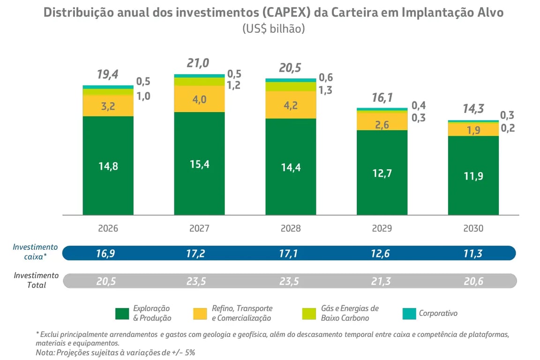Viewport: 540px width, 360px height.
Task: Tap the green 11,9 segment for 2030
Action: pyautogui.click(x=473, y=176)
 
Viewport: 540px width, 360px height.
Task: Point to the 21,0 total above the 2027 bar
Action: pyautogui.click(x=198, y=63)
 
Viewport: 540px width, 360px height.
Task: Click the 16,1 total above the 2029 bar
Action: pyautogui.click(x=382, y=97)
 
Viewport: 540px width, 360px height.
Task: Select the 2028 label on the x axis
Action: pyautogui.click(x=291, y=229)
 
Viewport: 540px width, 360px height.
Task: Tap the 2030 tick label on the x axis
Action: pyautogui.click(x=473, y=229)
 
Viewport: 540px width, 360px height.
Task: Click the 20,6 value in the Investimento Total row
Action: pyautogui.click(x=473, y=281)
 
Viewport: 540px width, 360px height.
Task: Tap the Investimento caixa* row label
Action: pyautogui.click(x=35, y=252)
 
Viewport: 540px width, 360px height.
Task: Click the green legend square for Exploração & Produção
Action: pyautogui.click(x=122, y=314)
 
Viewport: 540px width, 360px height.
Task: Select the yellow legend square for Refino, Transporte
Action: pyautogui.click(x=200, y=314)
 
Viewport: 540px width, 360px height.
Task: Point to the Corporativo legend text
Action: pyautogui.click(x=438, y=313)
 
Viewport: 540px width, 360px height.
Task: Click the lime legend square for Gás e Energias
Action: pyautogui.click(x=309, y=314)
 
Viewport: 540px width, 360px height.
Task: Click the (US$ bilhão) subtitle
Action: pyautogui.click(x=274, y=29)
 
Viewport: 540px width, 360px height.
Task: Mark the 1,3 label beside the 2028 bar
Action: pyautogui.click(x=325, y=90)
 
